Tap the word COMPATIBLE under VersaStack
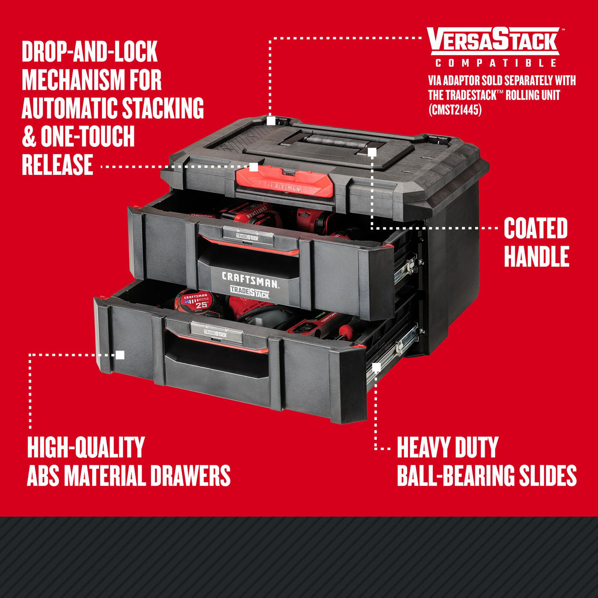496,63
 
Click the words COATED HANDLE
536,243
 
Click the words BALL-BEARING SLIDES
487,476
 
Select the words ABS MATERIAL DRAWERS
129,476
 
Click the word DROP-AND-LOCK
90,52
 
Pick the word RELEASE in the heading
58,165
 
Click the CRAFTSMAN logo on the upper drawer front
249,279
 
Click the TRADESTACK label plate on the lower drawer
217,333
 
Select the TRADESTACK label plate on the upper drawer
248,236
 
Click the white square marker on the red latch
254,167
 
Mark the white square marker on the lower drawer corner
120,355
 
